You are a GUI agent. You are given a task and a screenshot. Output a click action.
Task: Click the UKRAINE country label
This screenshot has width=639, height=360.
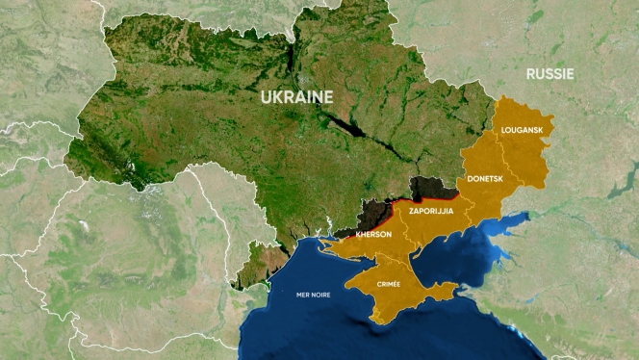pos(297,97)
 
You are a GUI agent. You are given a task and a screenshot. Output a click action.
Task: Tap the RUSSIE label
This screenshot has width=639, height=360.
pos(550,73)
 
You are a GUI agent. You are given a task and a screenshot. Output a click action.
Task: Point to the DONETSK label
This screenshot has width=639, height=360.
pos(485,179)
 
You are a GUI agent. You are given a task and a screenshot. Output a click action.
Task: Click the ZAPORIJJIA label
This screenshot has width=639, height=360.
pos(431,210)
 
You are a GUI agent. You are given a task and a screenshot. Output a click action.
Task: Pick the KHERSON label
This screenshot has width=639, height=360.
pos(372,235)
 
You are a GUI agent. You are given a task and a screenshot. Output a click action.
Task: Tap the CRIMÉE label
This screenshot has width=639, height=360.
pos(389,284)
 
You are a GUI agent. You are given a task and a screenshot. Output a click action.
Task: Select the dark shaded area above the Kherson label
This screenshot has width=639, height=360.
pos(372,211)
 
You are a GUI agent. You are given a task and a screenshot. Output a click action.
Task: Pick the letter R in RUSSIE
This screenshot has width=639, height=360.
pos(530,73)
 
